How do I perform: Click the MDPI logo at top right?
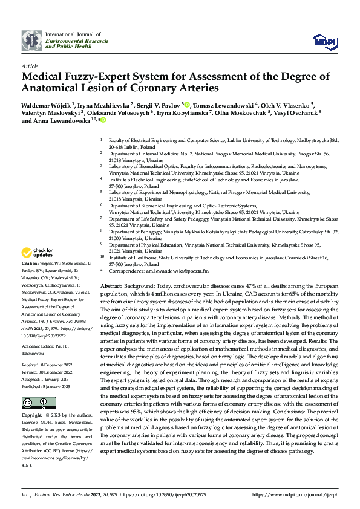[321, 41]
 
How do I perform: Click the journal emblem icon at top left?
[31, 41]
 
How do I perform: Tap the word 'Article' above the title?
[30, 65]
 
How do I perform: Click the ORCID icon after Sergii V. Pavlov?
[188, 104]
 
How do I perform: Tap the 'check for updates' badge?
[39, 253]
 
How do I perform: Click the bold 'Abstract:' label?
[113, 285]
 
